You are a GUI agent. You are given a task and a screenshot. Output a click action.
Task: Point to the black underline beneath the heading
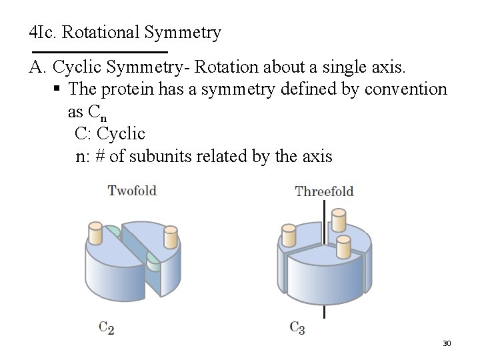pyautogui.click(x=99, y=52)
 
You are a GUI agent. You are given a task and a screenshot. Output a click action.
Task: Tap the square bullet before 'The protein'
pyautogui.click(x=59, y=89)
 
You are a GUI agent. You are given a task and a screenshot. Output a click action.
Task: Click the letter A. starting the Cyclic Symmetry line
pyautogui.click(x=37, y=67)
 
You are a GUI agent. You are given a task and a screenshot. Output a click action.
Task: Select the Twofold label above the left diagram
pyautogui.click(x=132, y=191)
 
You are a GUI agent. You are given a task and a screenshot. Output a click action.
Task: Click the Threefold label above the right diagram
pyautogui.click(x=324, y=191)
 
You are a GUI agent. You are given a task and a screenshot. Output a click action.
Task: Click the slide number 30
pyautogui.click(x=447, y=343)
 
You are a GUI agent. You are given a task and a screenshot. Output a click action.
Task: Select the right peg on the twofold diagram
pyautogui.click(x=171, y=239)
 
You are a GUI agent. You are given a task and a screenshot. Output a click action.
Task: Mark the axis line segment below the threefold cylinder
pyautogui.click(x=325, y=312)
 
